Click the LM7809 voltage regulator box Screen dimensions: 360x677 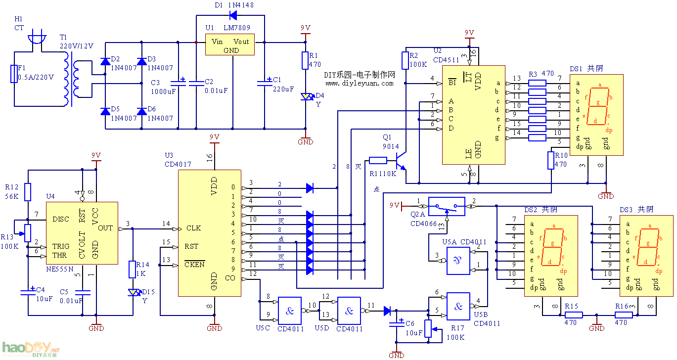(230, 45)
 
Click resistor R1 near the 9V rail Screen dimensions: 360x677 (305, 61)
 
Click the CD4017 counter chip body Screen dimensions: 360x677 (209, 233)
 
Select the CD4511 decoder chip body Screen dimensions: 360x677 (473, 114)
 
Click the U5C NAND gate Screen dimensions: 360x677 (290, 310)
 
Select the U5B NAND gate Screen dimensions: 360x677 (458, 306)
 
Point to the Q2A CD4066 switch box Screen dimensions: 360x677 (446, 206)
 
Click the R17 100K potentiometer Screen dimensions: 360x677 (429, 328)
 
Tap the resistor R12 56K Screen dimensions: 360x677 (28, 192)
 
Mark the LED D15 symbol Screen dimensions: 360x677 (133, 292)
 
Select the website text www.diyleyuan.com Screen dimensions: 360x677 (359, 83)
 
